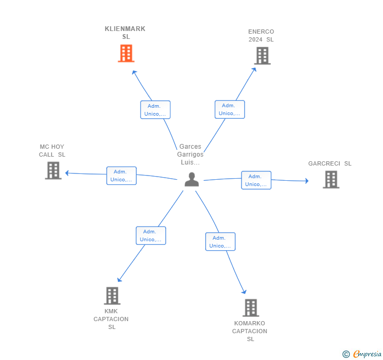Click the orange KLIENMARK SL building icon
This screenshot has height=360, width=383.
click(x=126, y=53)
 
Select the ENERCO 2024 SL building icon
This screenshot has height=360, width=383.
click(x=263, y=56)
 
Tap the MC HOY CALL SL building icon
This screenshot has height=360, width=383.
click(x=53, y=170)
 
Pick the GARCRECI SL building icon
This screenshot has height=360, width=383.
click(x=331, y=179)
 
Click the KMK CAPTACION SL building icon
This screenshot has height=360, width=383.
click(x=112, y=295)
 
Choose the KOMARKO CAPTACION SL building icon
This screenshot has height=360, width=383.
click(x=251, y=307)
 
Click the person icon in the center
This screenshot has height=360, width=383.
click(x=191, y=179)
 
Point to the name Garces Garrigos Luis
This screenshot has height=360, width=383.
click(x=190, y=155)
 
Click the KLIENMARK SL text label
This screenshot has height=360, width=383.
click(x=125, y=33)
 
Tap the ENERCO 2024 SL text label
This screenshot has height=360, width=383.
click(x=261, y=35)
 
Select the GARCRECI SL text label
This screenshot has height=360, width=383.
click(x=330, y=163)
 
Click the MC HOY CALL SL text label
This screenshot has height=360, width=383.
click(x=52, y=151)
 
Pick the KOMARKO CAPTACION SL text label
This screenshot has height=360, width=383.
click(x=249, y=331)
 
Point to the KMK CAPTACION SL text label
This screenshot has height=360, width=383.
click(x=111, y=319)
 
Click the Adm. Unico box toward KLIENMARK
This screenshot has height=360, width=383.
click(x=155, y=110)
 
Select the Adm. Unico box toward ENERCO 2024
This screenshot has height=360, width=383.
click(x=229, y=109)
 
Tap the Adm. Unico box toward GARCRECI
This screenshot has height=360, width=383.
click(x=256, y=180)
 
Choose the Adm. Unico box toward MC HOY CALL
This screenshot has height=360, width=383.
click(x=122, y=176)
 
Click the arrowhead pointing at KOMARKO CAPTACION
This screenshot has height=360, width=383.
click(x=244, y=292)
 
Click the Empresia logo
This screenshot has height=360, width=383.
click(x=362, y=354)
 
